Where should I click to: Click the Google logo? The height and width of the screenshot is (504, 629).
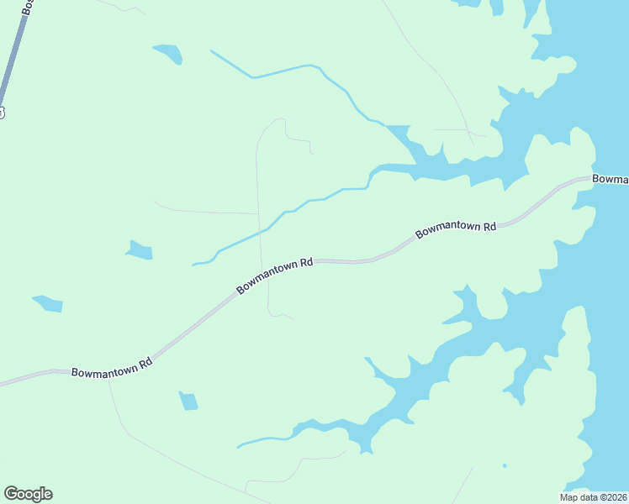pyautogui.click(x=28, y=494)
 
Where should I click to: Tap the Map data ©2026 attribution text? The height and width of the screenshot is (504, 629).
pyautogui.click(x=592, y=496)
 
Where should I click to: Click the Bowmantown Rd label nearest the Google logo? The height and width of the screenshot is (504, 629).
pyautogui.click(x=112, y=366)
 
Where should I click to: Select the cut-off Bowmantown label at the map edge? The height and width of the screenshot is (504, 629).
pyautogui.click(x=610, y=179)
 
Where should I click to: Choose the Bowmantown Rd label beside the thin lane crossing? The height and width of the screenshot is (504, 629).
pyautogui.click(x=274, y=276)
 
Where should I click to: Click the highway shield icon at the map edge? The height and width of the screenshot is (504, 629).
pyautogui.click(x=2, y=112)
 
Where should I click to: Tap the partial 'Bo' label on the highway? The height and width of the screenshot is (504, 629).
pyautogui.click(x=28, y=7)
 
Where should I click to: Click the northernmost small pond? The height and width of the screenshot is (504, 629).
pyautogui.click(x=168, y=54)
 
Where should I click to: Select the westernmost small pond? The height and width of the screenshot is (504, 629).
pyautogui.click(x=48, y=303)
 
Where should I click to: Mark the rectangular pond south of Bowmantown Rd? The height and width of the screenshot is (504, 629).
pyautogui.click(x=188, y=402)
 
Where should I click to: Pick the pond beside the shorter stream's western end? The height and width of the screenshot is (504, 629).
pyautogui.click(x=140, y=250)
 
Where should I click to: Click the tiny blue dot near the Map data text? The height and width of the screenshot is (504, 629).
pyautogui.click(x=505, y=465)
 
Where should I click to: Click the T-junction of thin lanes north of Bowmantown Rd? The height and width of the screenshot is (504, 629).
pyautogui.click(x=258, y=213)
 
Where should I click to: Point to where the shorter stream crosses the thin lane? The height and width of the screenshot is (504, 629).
pyautogui.click(x=260, y=230)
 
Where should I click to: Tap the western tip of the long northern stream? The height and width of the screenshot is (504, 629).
pyautogui.click(x=210, y=51)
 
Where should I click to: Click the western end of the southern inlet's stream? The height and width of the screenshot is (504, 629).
pyautogui.click(x=239, y=446)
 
